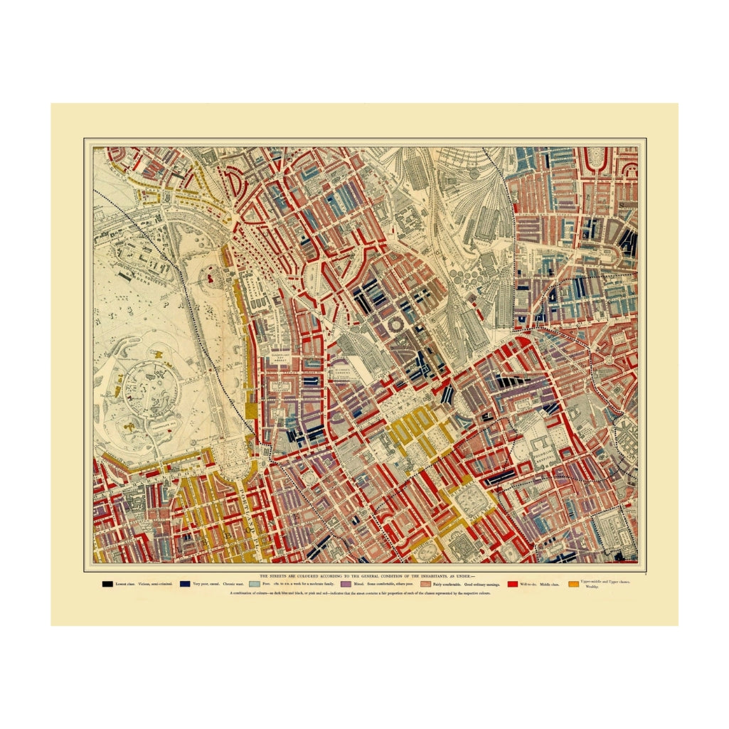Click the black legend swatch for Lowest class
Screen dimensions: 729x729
tap(107, 584)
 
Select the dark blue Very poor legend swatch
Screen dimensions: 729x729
tap(185, 584)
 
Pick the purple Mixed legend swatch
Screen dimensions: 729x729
tap(346, 584)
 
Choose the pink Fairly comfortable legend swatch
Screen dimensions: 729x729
tap(425, 584)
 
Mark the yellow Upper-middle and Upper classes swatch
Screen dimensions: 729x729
tap(573, 584)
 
